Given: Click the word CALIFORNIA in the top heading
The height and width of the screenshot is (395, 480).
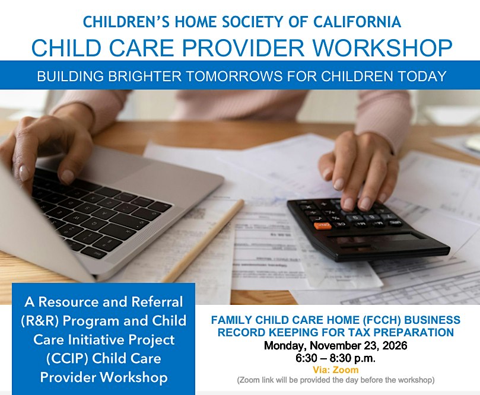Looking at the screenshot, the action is (357, 22).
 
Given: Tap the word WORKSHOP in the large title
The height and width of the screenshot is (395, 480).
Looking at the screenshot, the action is (382, 47).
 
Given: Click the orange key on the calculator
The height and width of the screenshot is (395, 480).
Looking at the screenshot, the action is (322, 225).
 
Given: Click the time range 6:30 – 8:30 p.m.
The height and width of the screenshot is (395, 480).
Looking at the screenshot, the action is (335, 358).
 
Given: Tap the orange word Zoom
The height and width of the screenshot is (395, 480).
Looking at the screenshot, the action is (346, 369).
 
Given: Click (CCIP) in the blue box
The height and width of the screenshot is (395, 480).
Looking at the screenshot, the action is (66, 359).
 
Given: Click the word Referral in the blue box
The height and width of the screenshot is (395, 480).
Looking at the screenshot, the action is (157, 302).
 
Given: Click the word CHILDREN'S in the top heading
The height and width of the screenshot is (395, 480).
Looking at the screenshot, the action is (126, 22).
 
